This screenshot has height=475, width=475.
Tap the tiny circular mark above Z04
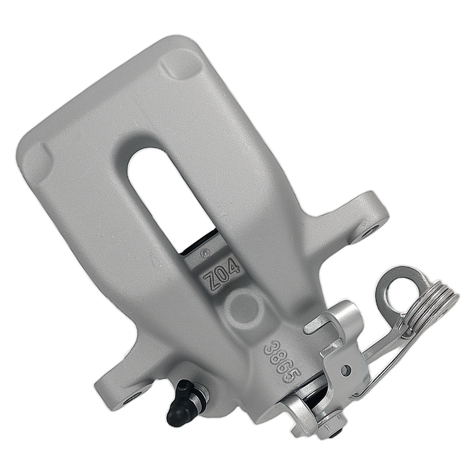click(x=205, y=253)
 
